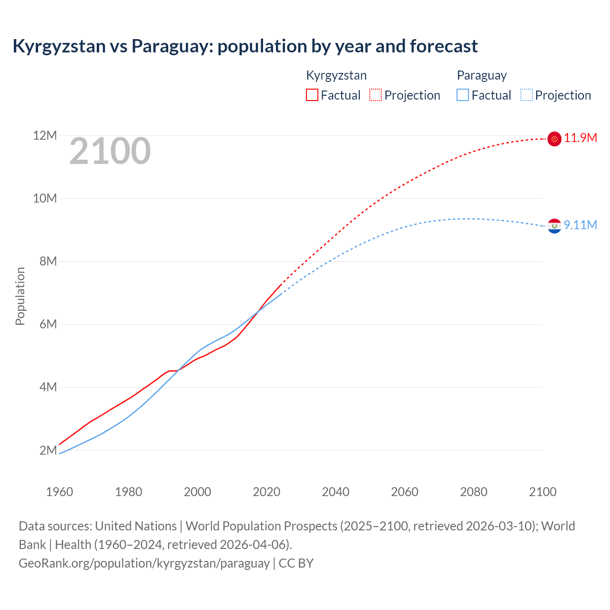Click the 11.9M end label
[x=580, y=138]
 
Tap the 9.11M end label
[x=580, y=225]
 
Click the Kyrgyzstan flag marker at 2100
[x=554, y=139]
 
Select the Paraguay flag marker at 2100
[x=554, y=226]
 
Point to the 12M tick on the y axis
[x=45, y=136]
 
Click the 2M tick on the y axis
[x=48, y=450]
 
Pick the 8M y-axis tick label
[x=48, y=261]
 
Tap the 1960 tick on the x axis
[x=60, y=492]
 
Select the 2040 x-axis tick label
[x=335, y=492]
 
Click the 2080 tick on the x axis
[x=474, y=492]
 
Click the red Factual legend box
[x=312, y=95]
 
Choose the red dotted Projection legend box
[x=376, y=95]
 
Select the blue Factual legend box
[x=463, y=95]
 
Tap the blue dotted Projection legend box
[x=527, y=95]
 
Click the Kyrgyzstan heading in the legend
[x=336, y=75]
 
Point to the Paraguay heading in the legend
[x=481, y=75]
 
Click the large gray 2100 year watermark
[x=110, y=152]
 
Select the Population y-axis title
[x=20, y=296]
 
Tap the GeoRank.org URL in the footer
[x=144, y=563]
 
